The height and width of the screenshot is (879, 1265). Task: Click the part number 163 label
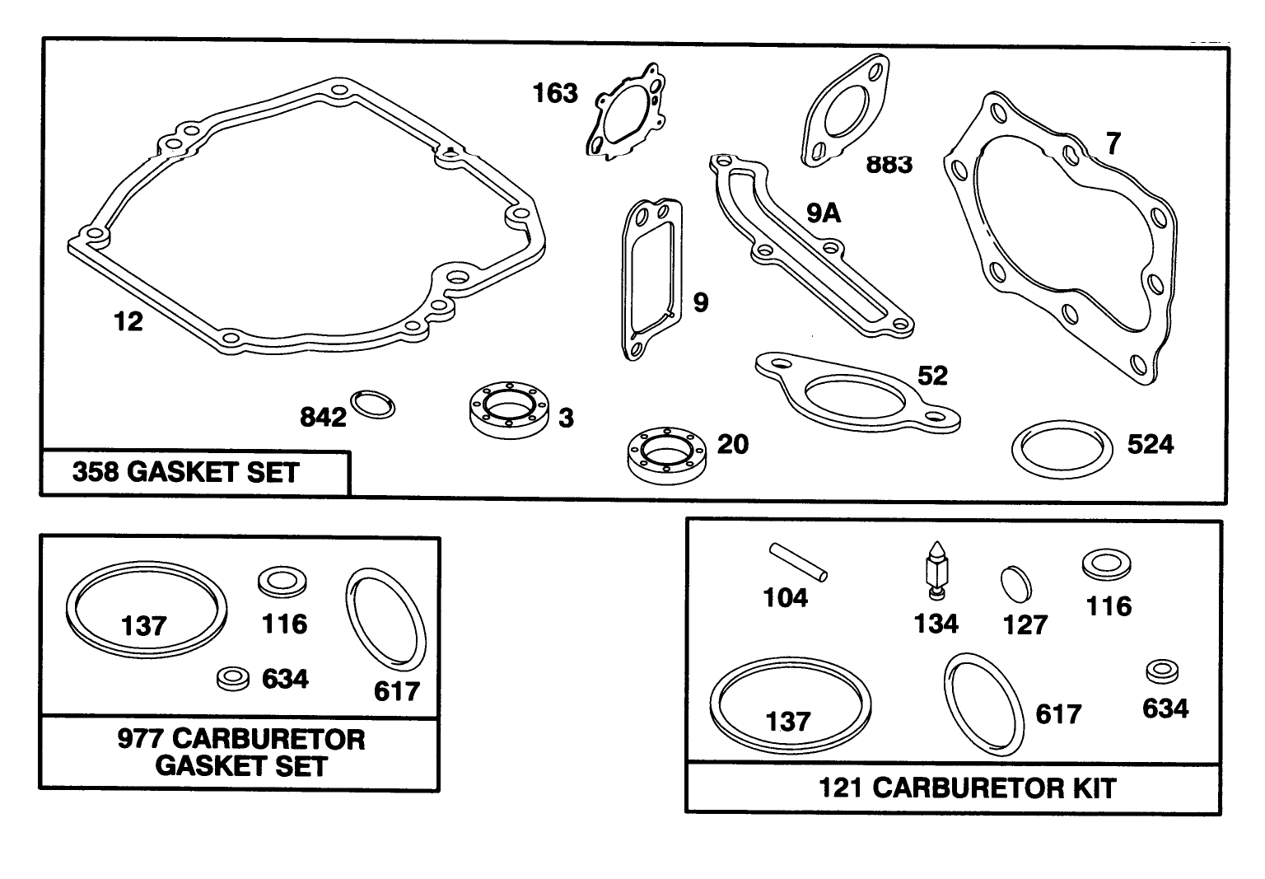(x=555, y=93)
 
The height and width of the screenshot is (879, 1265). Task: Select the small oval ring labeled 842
(x=373, y=404)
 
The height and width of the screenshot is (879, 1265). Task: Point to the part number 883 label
(x=889, y=165)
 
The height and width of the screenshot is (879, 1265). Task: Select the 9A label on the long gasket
(x=823, y=214)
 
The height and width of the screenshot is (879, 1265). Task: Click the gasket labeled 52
(x=857, y=392)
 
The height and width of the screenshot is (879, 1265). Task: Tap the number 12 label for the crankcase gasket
(x=128, y=321)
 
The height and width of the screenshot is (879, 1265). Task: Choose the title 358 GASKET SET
(x=186, y=473)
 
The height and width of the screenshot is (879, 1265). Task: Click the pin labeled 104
(x=799, y=561)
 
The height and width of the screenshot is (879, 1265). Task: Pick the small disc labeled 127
(x=1015, y=583)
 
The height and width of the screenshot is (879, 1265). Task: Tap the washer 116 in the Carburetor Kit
(x=1105, y=565)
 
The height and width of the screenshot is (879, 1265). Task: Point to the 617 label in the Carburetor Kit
(x=1058, y=713)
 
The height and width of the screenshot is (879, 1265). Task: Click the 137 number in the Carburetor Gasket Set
(x=144, y=626)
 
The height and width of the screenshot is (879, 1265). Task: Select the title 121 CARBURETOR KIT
(x=967, y=788)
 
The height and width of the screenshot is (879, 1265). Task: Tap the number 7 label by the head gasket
(x=1113, y=143)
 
